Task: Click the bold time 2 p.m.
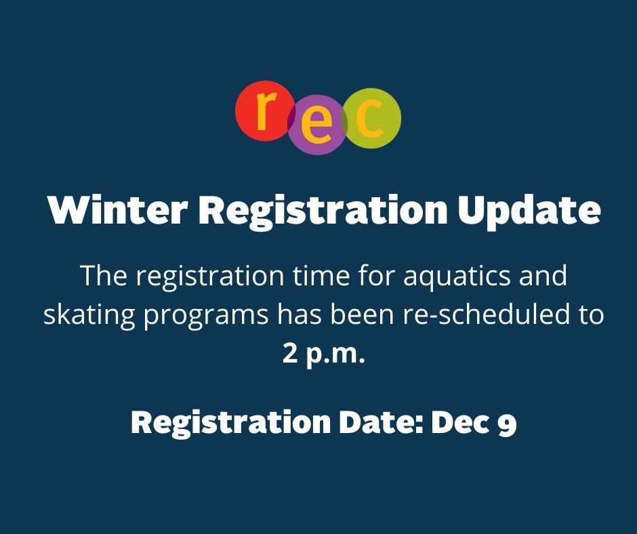(x=323, y=354)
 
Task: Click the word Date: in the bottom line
(x=379, y=423)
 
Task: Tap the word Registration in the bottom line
(x=228, y=424)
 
